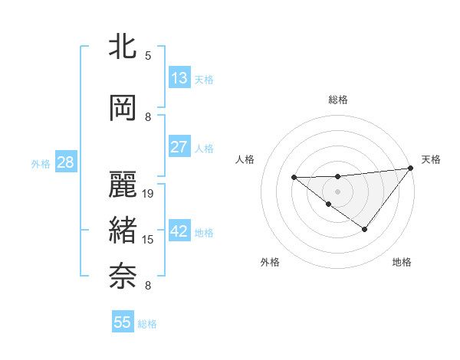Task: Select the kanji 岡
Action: [x=123, y=107]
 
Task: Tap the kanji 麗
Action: [x=123, y=185]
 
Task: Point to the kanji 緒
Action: [x=123, y=231]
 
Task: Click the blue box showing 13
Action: [x=179, y=78]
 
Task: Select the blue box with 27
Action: [x=179, y=147]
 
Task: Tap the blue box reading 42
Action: [x=179, y=231]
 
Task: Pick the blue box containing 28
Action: [x=65, y=162]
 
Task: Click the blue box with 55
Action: [x=123, y=322]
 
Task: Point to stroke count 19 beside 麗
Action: [x=149, y=194]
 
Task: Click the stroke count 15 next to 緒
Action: [x=149, y=240]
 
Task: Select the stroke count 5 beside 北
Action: [x=148, y=55]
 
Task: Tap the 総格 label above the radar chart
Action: [x=337, y=100]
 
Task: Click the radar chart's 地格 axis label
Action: [x=402, y=263]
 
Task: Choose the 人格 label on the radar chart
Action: [x=245, y=159]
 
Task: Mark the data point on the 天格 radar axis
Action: [x=411, y=168]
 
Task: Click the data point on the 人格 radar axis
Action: [x=294, y=178]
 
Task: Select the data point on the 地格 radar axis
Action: [x=365, y=229]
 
